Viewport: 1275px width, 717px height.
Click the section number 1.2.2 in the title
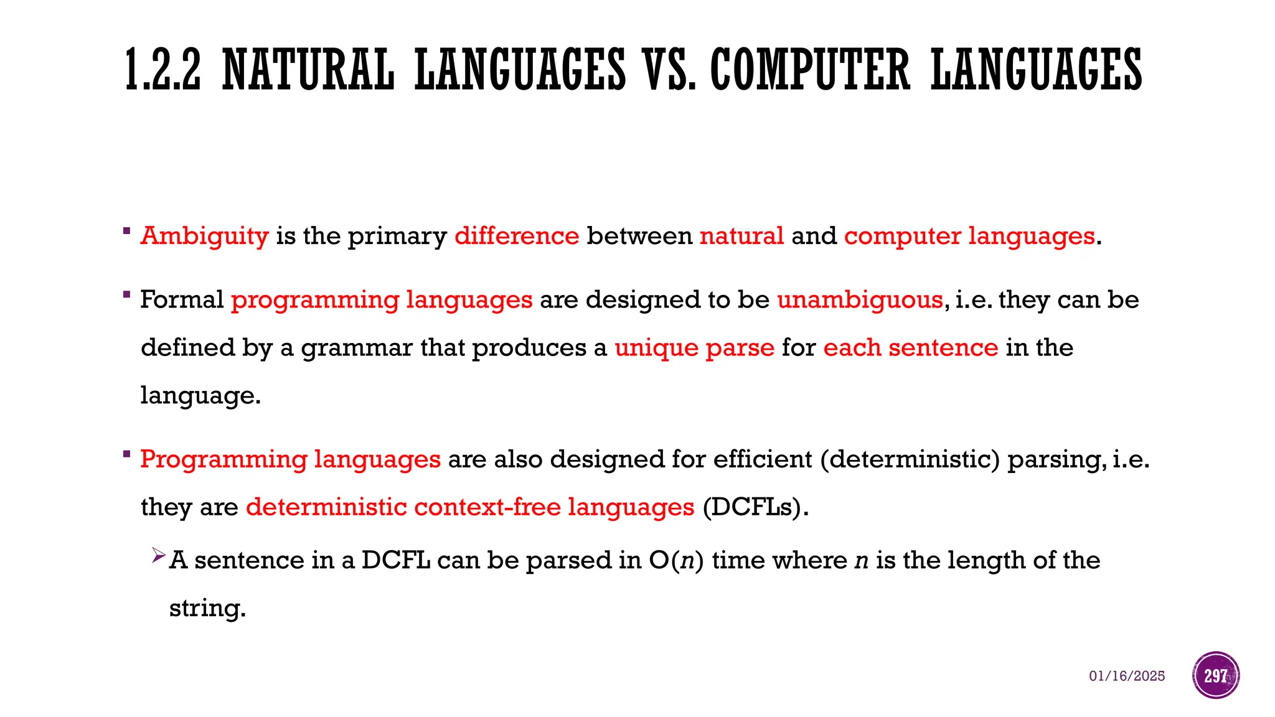tap(163, 70)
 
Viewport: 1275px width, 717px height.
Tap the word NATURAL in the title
tap(308, 70)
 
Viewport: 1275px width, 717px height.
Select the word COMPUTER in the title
tap(810, 70)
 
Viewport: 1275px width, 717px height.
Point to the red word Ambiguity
tap(204, 237)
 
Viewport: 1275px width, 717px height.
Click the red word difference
tap(517, 236)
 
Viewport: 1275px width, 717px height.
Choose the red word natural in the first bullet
tap(741, 236)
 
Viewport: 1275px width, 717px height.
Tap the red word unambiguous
tap(860, 300)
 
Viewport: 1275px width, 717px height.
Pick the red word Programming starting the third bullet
tap(223, 460)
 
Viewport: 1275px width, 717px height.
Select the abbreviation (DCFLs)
tap(755, 507)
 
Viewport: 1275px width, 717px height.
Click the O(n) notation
tap(676, 560)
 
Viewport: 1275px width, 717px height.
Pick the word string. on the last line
tap(207, 608)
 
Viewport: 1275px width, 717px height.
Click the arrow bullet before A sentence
tap(158, 555)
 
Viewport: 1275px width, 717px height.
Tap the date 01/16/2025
tap(1127, 676)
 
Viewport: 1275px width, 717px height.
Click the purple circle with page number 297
tap(1216, 675)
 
